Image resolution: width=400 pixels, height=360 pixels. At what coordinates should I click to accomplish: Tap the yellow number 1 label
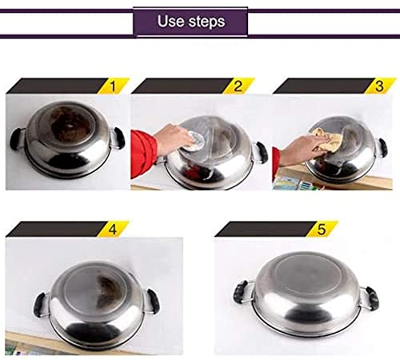(114, 86)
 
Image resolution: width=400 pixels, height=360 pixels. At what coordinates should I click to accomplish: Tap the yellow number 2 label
(238, 86)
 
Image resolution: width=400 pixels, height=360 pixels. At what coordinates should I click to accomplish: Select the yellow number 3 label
(380, 86)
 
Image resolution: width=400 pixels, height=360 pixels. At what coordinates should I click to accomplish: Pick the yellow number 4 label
(113, 229)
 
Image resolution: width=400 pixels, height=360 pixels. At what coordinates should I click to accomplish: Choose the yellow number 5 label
(322, 229)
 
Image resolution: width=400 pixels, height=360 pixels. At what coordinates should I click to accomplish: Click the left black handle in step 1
(16, 138)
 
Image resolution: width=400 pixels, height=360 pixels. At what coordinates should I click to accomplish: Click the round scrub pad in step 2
(195, 139)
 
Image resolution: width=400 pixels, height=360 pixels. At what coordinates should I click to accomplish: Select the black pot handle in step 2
(262, 152)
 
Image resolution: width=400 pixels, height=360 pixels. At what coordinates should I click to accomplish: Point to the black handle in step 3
(383, 148)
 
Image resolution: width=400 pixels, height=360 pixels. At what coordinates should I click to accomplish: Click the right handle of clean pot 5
(372, 298)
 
